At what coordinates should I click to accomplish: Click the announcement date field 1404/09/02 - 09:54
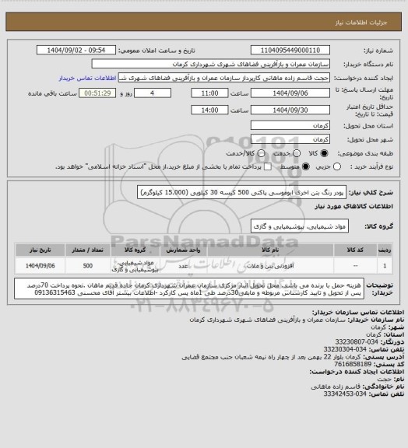85,50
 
